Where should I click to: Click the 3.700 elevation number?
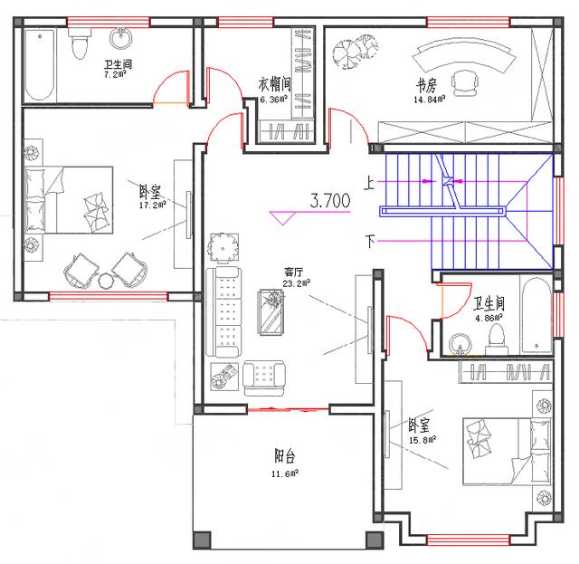[330, 201]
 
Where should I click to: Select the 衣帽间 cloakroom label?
[274, 84]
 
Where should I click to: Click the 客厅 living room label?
[292, 271]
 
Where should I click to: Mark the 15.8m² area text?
[422, 439]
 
